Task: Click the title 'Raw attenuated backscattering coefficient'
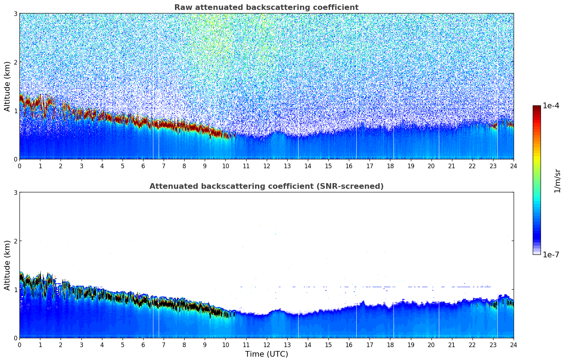click(266, 7)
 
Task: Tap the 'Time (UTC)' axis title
click(266, 354)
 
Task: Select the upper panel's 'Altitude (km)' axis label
click(7, 86)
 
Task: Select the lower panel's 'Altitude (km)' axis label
click(7, 265)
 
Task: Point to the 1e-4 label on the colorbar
click(551, 106)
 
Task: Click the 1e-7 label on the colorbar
click(551, 254)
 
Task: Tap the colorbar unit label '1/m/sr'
click(557, 181)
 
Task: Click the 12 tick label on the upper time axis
click(266, 166)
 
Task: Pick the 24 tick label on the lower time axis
click(513, 345)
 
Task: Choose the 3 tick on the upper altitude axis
click(15, 13)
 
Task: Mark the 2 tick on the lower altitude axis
click(15, 241)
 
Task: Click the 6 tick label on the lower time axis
click(143, 345)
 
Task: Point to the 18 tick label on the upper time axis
click(390, 166)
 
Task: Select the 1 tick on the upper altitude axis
click(15, 111)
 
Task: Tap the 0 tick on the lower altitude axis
click(15, 338)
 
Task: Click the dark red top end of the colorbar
click(536, 107)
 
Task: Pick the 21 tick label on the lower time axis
click(452, 345)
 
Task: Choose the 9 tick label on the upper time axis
click(205, 166)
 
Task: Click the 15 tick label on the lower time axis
click(328, 345)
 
